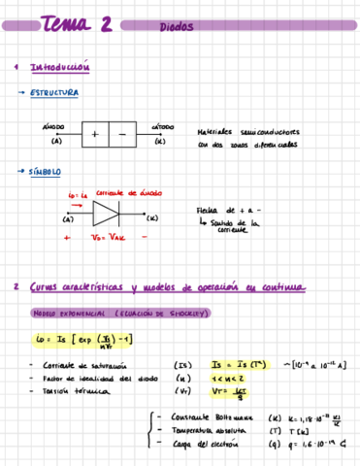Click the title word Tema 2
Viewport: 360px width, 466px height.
pyautogui.click(x=77, y=25)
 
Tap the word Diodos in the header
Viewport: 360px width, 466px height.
pyautogui.click(x=177, y=28)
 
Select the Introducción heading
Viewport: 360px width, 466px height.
pyautogui.click(x=60, y=68)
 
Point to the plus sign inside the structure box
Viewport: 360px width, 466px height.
pyautogui.click(x=95, y=133)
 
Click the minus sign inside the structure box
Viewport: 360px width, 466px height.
pyautogui.click(x=122, y=133)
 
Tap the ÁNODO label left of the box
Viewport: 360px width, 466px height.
pyautogui.click(x=54, y=127)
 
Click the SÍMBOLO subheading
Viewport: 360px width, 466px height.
pyautogui.click(x=46, y=172)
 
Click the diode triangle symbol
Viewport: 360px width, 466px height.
pyautogui.click(x=106, y=214)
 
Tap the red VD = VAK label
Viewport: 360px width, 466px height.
pyautogui.click(x=104, y=236)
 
